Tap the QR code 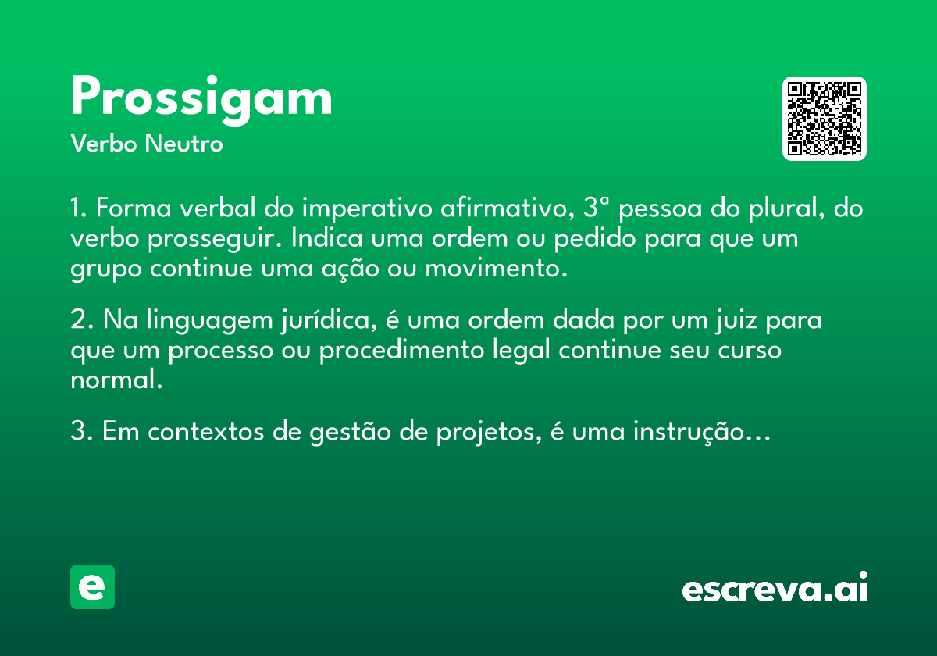coord(824,119)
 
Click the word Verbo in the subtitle coord(104,144)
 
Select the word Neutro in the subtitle coord(183,144)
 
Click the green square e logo coord(92,586)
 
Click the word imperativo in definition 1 coord(367,208)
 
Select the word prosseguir coord(215,239)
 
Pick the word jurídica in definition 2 coord(330,320)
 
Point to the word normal coord(116,380)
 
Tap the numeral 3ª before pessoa coord(596,207)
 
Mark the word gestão coord(350,433)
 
